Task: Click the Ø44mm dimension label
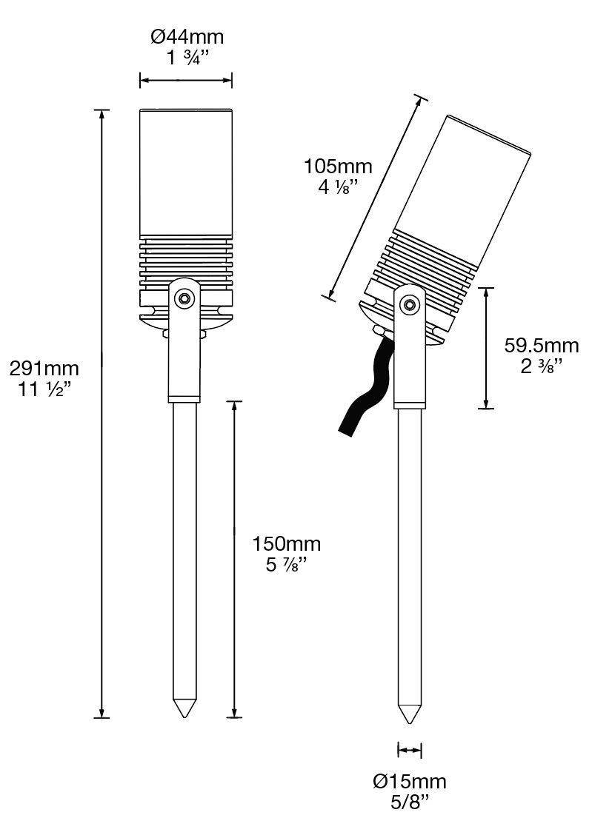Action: click(x=187, y=36)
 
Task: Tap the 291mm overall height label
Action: click(x=44, y=367)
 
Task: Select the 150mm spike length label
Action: click(x=286, y=545)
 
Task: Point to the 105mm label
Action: click(x=338, y=166)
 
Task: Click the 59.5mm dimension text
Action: click(x=541, y=345)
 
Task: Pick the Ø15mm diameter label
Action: click(x=410, y=781)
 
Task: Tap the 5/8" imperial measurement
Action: click(x=410, y=802)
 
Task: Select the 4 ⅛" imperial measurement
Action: click(x=338, y=187)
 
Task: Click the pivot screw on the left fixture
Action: click(x=183, y=298)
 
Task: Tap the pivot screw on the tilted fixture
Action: click(x=408, y=304)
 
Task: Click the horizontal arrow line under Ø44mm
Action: click(x=186, y=80)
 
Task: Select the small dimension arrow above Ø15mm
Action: click(x=410, y=751)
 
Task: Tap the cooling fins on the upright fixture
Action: click(x=186, y=263)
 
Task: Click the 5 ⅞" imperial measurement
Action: click(x=286, y=566)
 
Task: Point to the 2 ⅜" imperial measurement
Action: click(x=541, y=366)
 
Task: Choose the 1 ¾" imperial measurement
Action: click(x=187, y=58)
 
